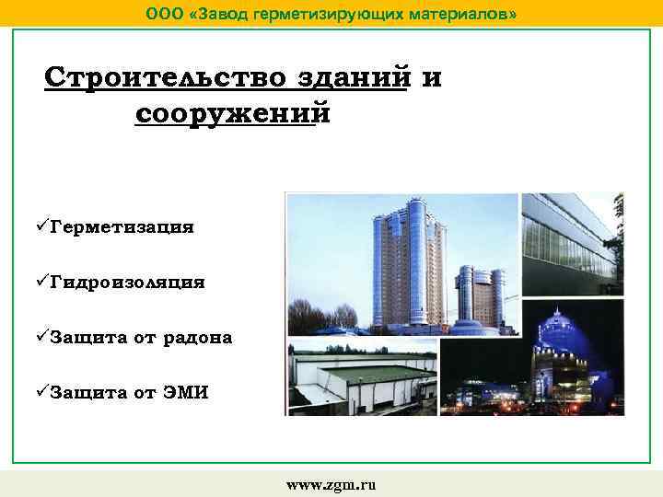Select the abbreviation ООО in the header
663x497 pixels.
click(x=164, y=15)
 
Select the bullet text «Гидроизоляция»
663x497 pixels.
click(x=128, y=283)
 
